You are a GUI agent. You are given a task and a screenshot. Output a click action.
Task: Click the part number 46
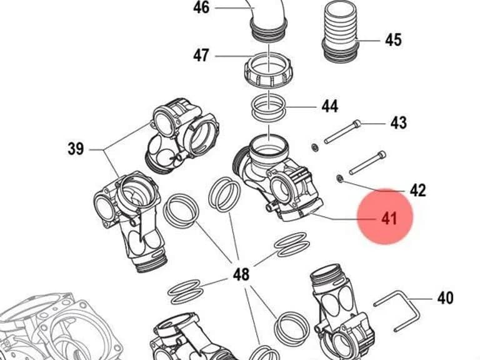pos(201,7)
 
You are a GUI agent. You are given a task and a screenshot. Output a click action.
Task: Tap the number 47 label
pos(201,56)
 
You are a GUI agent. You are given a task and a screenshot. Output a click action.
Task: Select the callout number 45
pos(393,40)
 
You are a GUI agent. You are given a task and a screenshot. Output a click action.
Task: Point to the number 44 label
pos(330,106)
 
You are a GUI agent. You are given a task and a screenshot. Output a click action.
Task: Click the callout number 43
pos(399,122)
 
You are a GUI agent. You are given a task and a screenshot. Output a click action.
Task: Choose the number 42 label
pos(418,190)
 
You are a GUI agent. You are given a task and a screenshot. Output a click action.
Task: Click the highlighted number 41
pos(389,219)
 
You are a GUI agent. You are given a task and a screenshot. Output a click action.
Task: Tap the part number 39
pos(76,149)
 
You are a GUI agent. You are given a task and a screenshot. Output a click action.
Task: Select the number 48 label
pos(241,274)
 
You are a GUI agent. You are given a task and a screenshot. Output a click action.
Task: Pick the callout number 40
pos(446,298)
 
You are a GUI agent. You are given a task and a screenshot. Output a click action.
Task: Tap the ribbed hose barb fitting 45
pos(341,31)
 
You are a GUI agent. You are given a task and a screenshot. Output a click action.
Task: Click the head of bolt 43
pos(357,124)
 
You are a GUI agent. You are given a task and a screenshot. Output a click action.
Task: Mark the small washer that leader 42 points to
pos(339,178)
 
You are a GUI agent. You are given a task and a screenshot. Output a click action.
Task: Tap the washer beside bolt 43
pos(314,148)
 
